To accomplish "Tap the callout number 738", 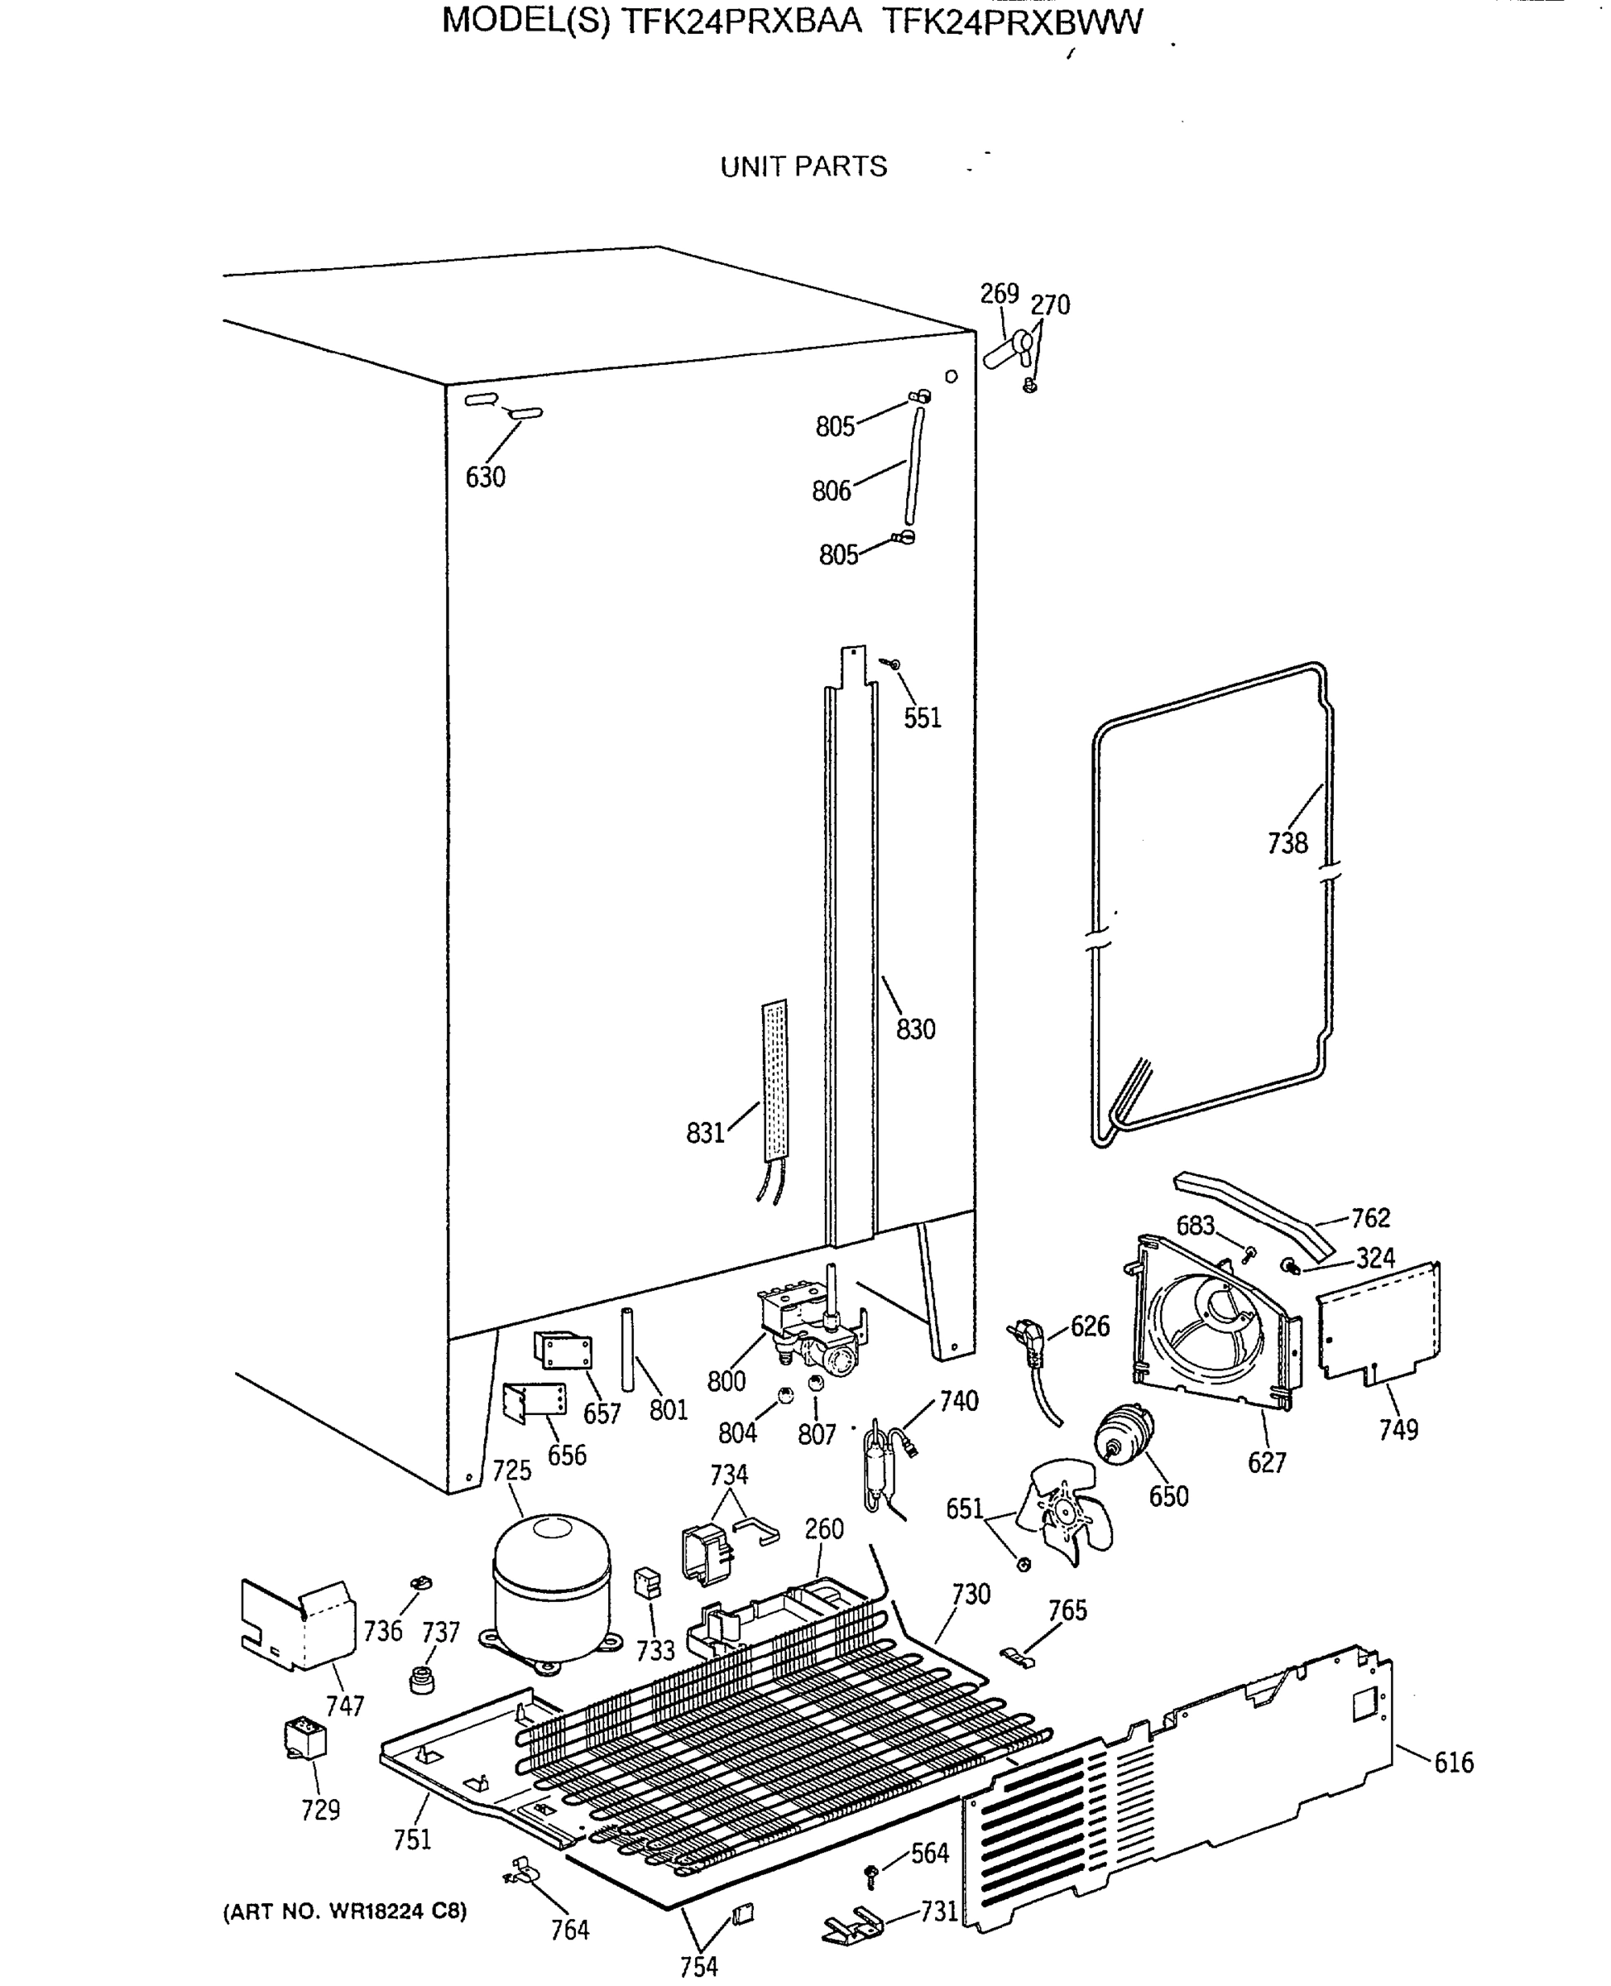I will tap(1287, 842).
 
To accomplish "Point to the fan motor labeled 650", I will tap(1124, 1437).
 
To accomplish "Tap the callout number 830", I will tap(915, 1029).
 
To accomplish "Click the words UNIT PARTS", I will tap(803, 167).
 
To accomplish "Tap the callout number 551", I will tap(923, 717).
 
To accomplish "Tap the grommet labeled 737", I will tap(423, 1679).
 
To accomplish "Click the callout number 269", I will tap(1000, 295).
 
